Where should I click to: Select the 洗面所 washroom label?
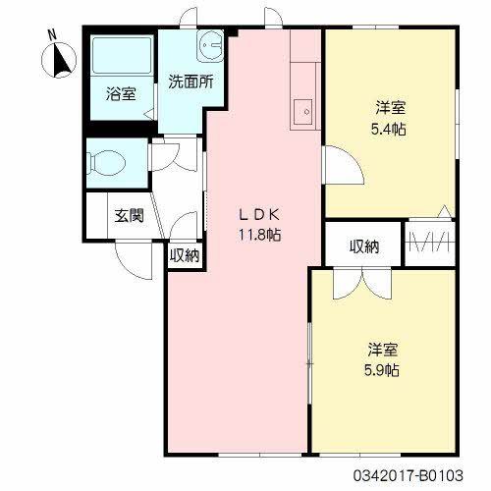coord(190,82)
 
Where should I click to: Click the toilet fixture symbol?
coord(105,159)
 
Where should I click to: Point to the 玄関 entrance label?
coord(129,216)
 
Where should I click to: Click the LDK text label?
coord(259,215)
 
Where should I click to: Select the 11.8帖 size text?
coord(259,235)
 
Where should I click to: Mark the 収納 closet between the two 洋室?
coord(363,246)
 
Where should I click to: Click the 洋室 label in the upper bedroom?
coord(390,107)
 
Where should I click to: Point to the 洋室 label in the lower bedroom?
coord(383,350)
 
